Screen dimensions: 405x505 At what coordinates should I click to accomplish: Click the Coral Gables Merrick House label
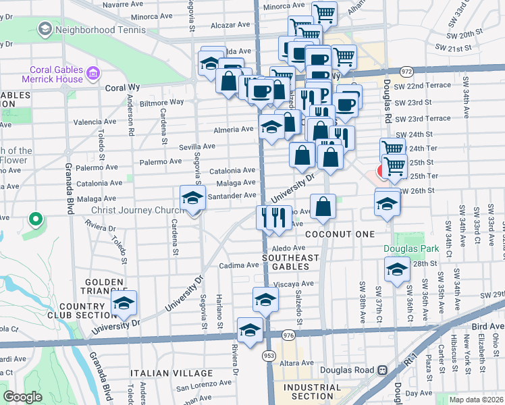pyautogui.click(x=57, y=74)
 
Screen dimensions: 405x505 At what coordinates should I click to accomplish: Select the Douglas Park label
pyautogui.click(x=411, y=248)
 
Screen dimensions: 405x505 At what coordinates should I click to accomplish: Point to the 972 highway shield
pyautogui.click(x=406, y=71)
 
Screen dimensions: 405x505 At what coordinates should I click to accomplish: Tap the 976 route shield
pyautogui.click(x=289, y=335)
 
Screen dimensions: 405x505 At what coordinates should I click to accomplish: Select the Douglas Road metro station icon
pyautogui.click(x=382, y=370)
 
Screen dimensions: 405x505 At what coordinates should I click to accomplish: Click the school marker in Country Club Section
pyautogui.click(x=124, y=304)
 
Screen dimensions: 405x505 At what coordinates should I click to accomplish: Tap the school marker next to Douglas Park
pyautogui.click(x=397, y=270)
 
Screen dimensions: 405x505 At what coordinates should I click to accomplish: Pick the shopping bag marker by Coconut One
pyautogui.click(x=323, y=207)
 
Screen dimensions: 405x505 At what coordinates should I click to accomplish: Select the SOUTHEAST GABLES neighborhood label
pyautogui.click(x=291, y=262)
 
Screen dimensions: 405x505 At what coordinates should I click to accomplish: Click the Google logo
pyautogui.click(x=22, y=397)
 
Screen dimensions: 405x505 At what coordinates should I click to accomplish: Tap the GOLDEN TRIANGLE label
pyautogui.click(x=103, y=287)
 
